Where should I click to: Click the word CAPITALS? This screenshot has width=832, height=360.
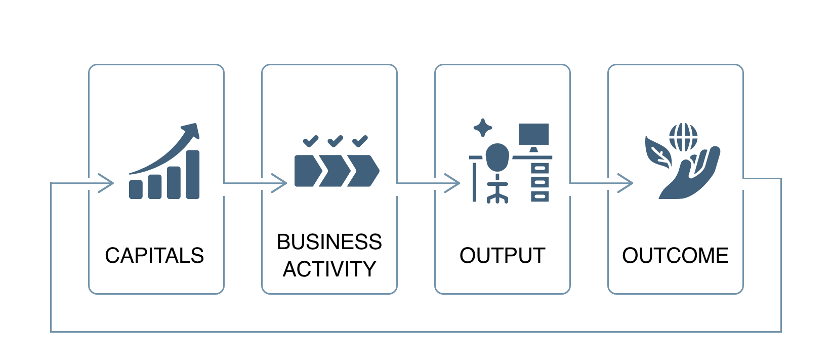tap(154, 256)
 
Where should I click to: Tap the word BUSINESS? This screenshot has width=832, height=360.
tap(329, 242)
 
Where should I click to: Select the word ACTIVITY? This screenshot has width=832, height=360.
tap(329, 269)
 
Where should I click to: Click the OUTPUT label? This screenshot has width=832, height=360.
tap(502, 256)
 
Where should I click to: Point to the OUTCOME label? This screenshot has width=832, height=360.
tap(675, 256)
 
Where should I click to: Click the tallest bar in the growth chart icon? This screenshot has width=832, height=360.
tap(193, 174)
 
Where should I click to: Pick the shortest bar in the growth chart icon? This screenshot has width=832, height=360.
tap(136, 189)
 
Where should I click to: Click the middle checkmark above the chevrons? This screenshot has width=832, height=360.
tap(335, 141)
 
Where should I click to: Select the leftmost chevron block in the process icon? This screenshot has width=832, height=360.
tap(307, 171)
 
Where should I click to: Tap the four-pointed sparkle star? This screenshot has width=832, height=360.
tap(483, 128)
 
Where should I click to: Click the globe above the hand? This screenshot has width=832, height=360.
tap(683, 137)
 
